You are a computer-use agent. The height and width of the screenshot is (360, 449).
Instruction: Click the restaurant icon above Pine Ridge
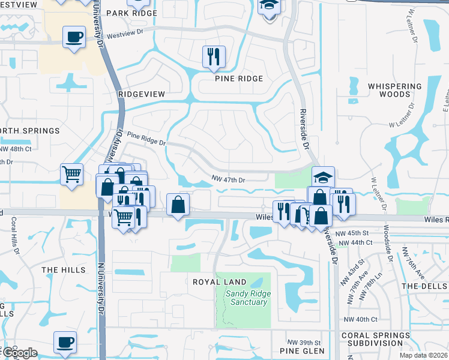point(214,56)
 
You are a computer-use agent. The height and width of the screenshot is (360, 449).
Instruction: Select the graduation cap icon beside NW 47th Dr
point(323,177)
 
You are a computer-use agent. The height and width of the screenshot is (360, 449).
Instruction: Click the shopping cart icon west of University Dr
point(71,175)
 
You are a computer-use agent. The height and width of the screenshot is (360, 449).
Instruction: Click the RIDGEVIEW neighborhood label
point(142,94)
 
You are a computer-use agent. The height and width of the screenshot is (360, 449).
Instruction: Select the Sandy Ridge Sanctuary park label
point(248,298)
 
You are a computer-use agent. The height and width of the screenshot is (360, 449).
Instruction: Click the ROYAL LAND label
point(220,281)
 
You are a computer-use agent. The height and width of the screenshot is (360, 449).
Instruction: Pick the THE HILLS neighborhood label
point(64,270)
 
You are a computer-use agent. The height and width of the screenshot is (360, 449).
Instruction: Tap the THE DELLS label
point(424,286)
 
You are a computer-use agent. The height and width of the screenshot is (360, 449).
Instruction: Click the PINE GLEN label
point(302,350)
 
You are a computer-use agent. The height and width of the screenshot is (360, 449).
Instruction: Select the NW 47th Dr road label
point(229,179)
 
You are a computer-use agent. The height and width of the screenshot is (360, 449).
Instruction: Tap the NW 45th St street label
point(353,232)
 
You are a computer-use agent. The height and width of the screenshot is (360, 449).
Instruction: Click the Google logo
point(19,353)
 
